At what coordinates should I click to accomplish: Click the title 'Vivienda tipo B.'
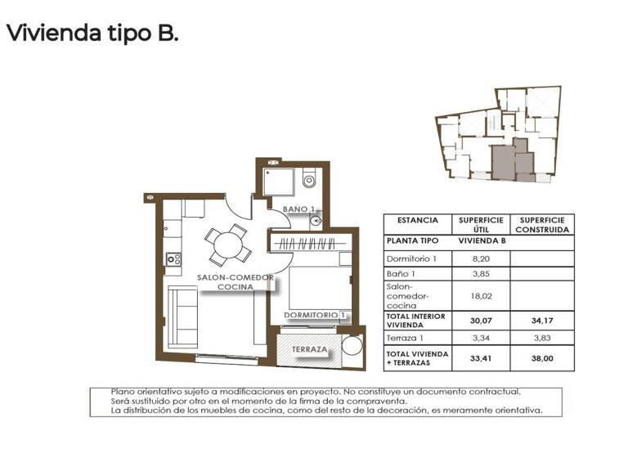pyautogui.click(x=92, y=34)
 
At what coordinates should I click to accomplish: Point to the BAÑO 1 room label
pyautogui.click(x=298, y=210)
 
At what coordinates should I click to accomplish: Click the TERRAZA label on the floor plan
pyautogui.click(x=309, y=349)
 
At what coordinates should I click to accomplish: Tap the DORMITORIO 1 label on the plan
pyautogui.click(x=316, y=314)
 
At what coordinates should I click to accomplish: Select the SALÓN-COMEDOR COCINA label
pyautogui.click(x=235, y=283)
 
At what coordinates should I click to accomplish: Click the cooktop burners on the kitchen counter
pyautogui.click(x=173, y=259)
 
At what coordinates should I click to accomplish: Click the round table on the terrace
pyautogui.click(x=352, y=345)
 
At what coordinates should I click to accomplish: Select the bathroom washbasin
pyautogui.click(x=316, y=219)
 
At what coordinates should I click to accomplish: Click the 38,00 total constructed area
pyautogui.click(x=542, y=357)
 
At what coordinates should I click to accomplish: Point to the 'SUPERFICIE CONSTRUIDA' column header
pyautogui.click(x=542, y=225)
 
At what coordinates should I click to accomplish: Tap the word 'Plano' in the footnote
pyautogui.click(x=124, y=392)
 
